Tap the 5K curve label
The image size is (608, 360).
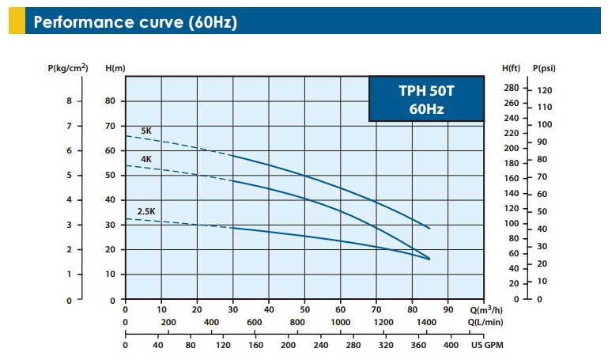point(146,131)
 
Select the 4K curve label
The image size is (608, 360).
point(146,159)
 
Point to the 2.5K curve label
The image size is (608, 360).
point(146,211)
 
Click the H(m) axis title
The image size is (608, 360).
point(115,69)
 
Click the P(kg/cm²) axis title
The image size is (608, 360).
point(68,69)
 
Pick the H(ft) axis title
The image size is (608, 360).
point(512,69)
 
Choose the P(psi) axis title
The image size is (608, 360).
point(545,69)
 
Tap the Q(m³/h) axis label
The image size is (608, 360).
point(485,309)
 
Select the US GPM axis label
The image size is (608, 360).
point(488,345)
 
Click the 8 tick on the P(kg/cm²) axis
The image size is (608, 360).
point(70,101)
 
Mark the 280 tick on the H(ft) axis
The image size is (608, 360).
point(512,88)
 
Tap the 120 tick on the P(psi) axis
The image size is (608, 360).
point(545,91)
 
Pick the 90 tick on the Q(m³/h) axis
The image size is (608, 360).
point(448,309)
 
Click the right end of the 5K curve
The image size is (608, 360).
point(429,229)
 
